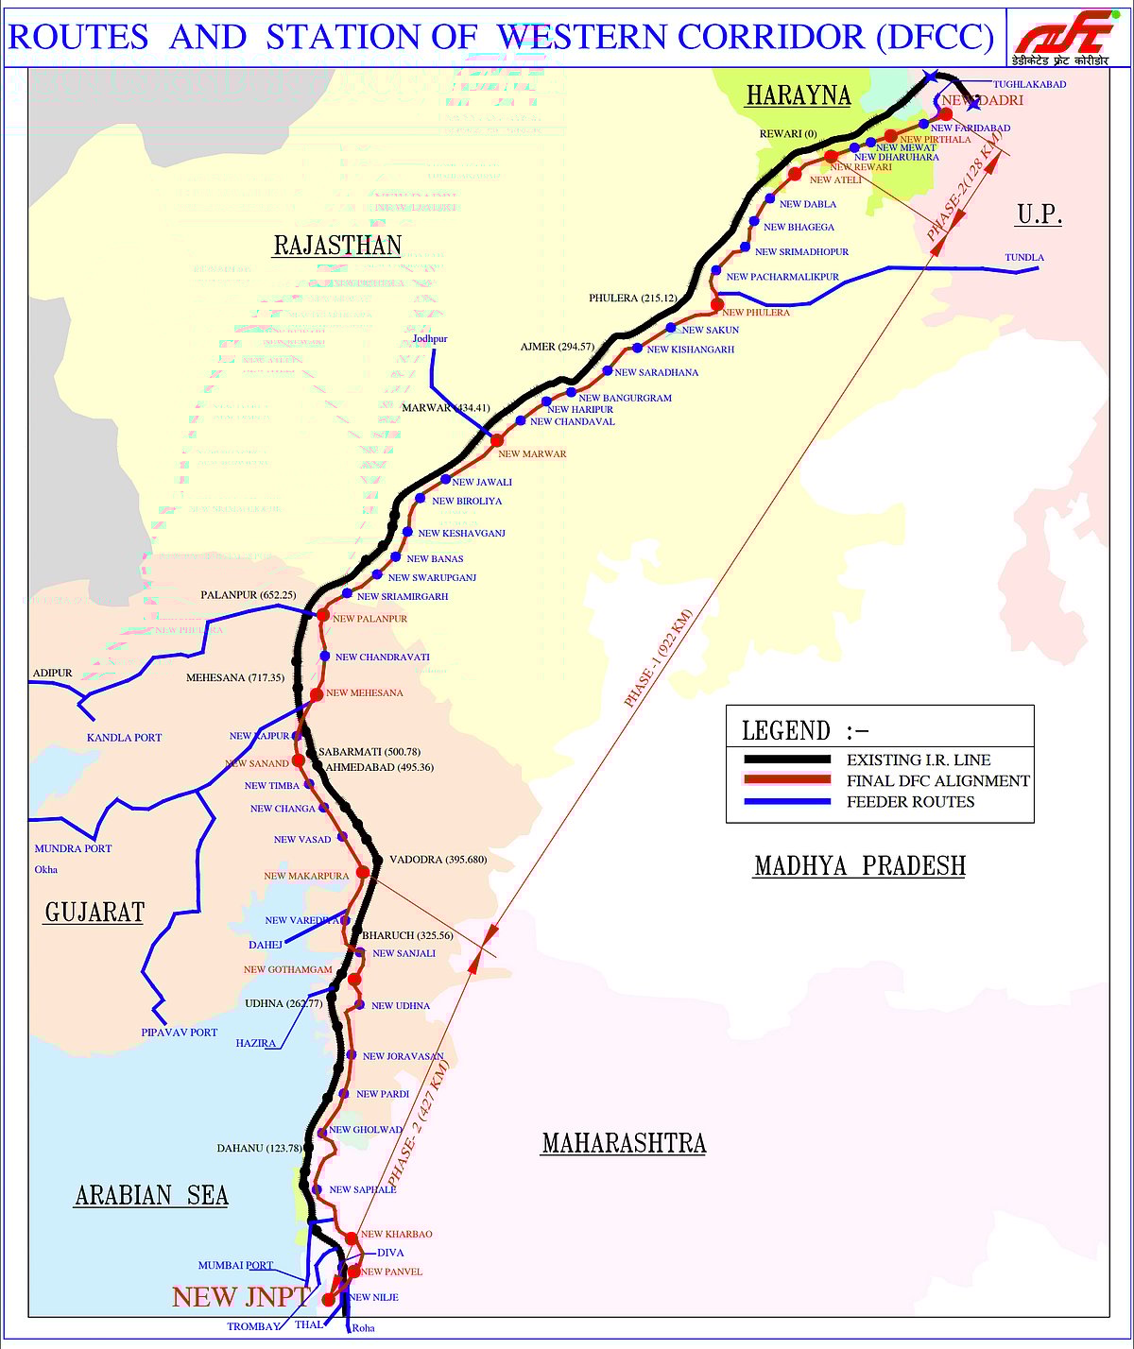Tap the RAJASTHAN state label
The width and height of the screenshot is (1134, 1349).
point(337,246)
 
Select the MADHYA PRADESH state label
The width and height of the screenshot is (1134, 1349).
point(859,865)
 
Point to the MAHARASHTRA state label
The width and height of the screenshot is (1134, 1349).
point(624,1143)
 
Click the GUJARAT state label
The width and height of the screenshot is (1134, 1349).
point(94,912)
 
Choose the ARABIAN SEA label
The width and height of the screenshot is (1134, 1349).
point(151,1195)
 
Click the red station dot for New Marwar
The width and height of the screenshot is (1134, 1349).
point(497,440)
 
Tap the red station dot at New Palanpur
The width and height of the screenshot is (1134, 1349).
point(322,615)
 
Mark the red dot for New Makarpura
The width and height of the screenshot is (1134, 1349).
point(363,872)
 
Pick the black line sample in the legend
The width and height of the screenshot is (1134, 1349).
point(786,760)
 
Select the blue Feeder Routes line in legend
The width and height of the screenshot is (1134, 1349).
point(786,802)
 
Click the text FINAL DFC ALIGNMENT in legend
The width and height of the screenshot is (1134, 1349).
point(937,780)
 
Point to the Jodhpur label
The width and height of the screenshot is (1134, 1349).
point(430,338)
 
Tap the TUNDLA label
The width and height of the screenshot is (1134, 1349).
point(1024,257)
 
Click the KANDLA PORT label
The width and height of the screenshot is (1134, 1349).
point(124,738)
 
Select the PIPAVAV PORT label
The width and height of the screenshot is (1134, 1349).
point(180,1033)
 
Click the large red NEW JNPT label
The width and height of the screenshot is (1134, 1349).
point(240,1297)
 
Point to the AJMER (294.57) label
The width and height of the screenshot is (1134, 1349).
point(558,347)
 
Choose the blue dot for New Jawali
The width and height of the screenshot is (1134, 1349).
point(445,480)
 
